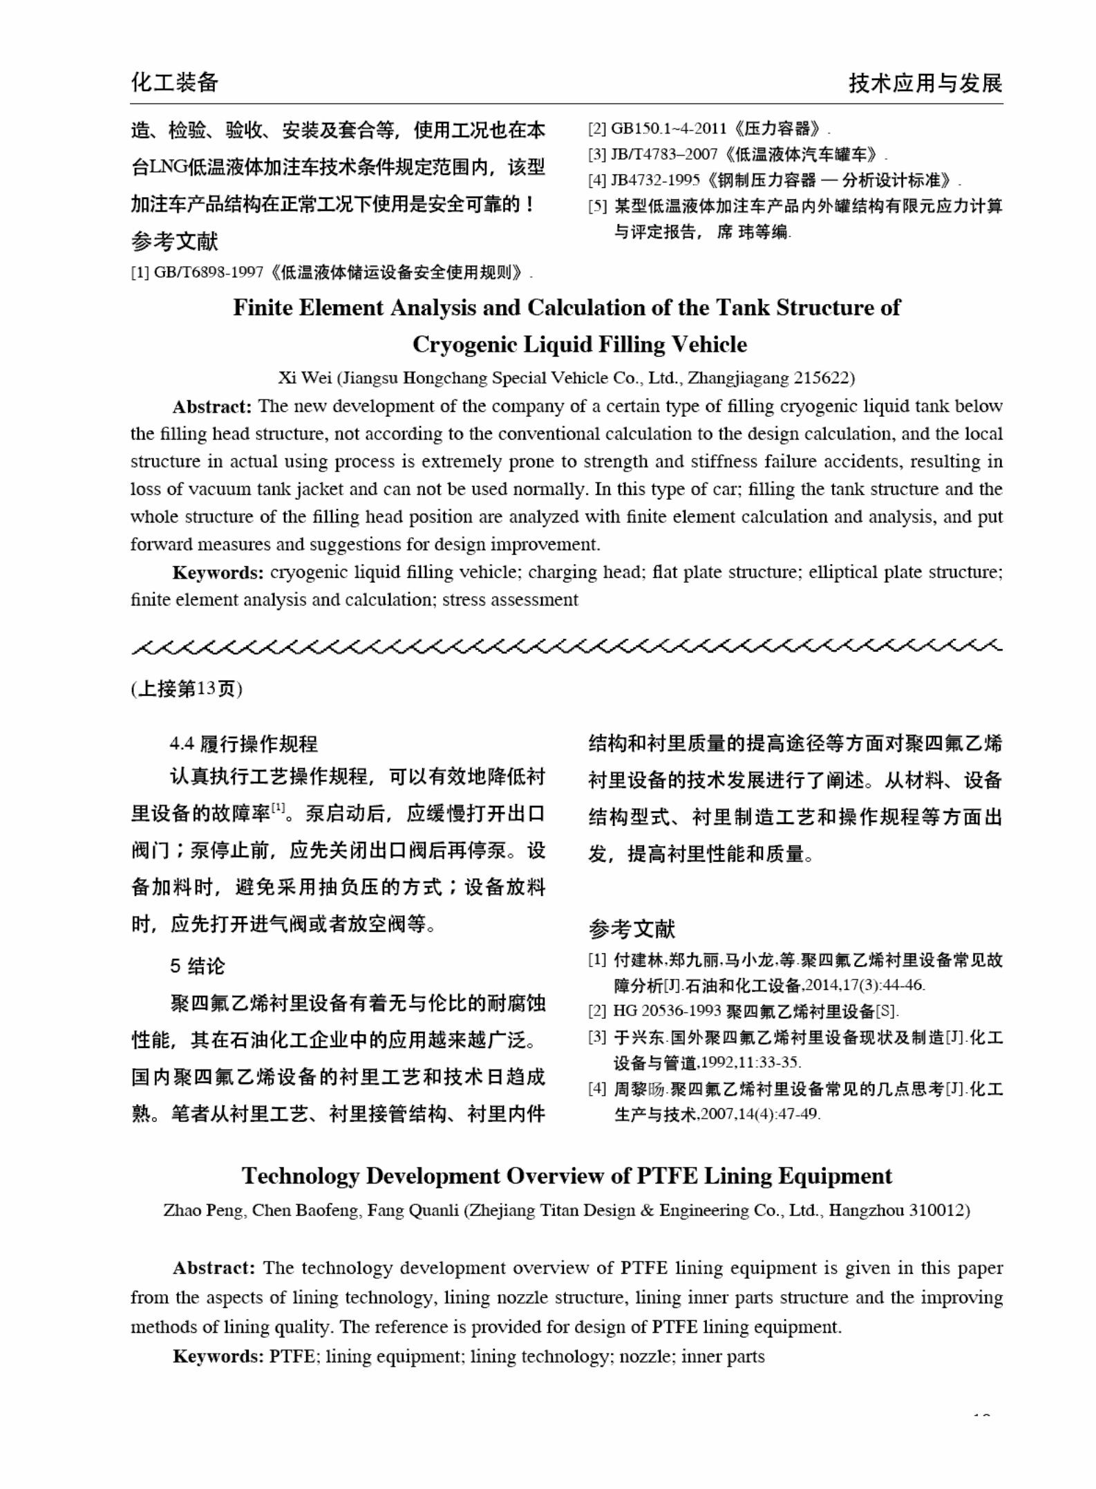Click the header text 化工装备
coord(175,83)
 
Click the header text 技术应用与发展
coord(925,84)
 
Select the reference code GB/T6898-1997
coord(208,272)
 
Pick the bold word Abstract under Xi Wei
coord(211,406)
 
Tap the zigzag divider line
coord(567,648)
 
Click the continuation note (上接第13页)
coord(187,689)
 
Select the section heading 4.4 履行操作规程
coord(244,744)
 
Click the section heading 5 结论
coord(198,966)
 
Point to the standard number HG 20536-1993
coord(666,1011)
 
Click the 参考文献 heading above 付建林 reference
coord(632,928)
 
